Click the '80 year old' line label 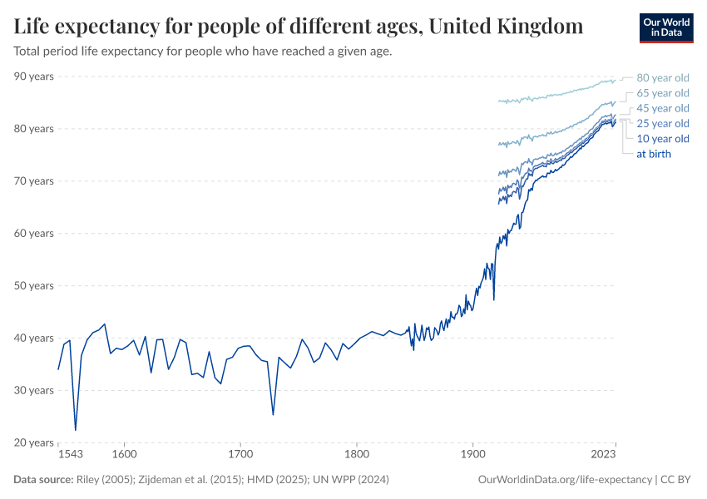coord(662,77)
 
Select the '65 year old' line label coord(662,93)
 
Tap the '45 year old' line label coord(662,108)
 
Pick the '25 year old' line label coord(662,123)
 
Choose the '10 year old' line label coord(662,138)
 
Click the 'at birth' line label coord(653,154)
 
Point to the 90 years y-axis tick coord(33,77)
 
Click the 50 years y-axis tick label coord(33,285)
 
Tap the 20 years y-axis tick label coord(33,442)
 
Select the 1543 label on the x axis coord(71,455)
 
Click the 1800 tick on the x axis coord(356,455)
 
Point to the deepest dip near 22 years coord(76,430)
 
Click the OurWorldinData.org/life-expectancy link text coord(566,480)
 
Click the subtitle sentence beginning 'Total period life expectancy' coord(203,51)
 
